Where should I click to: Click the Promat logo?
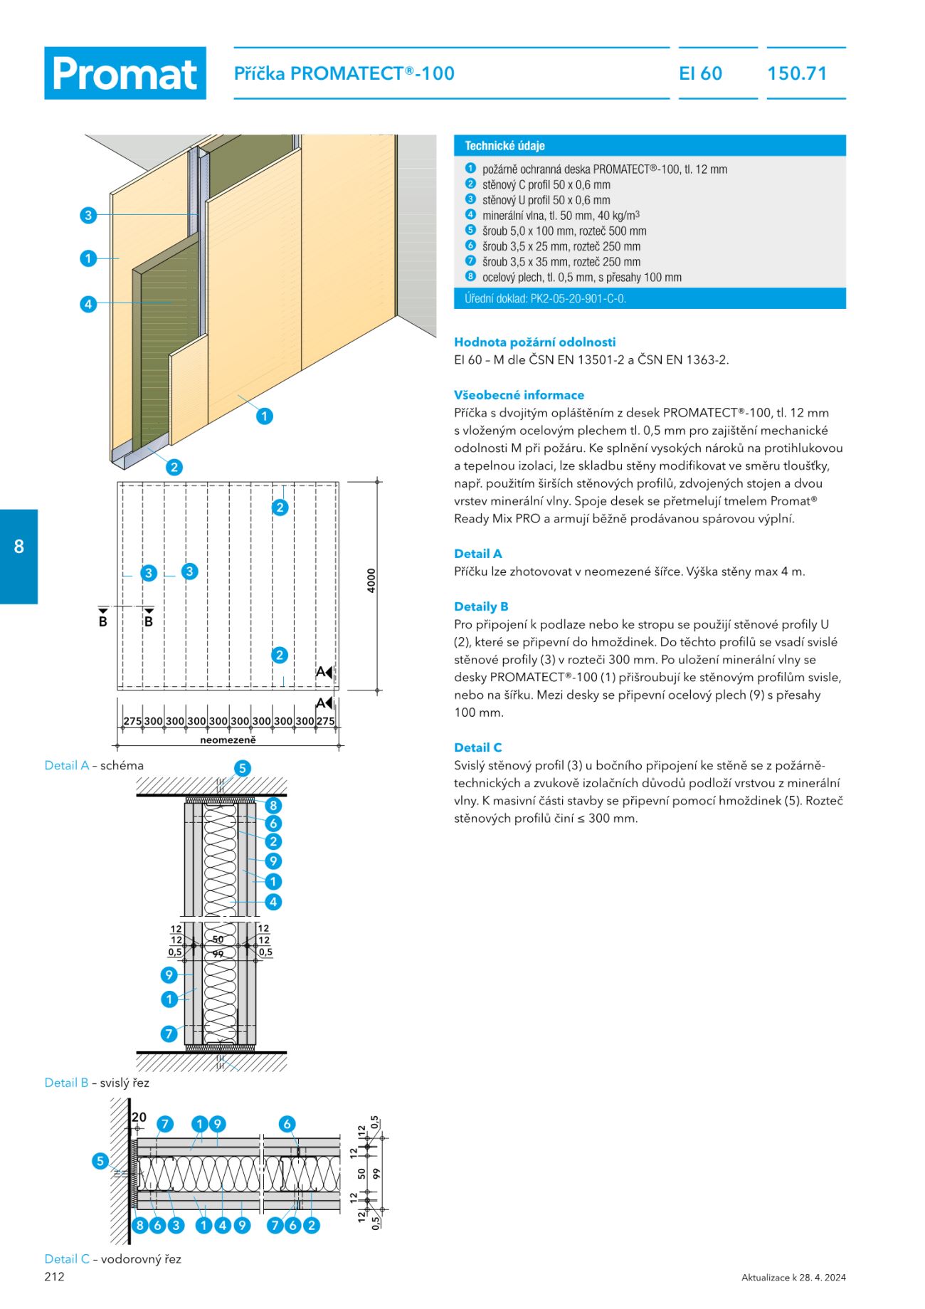125,73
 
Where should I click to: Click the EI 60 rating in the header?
701,73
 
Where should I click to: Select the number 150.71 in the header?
797,73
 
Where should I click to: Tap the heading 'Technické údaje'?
504,146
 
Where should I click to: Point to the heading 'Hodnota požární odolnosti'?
534,342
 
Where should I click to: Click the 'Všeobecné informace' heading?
519,395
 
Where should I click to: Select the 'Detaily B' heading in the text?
481,606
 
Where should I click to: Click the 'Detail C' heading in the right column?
477,747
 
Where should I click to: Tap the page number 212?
54,1276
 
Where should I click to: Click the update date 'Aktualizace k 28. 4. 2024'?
793,1277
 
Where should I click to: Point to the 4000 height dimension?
371,581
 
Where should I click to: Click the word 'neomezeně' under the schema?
228,740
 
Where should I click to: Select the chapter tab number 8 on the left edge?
19,547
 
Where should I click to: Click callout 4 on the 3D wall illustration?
88,304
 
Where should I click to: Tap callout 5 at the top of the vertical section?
243,768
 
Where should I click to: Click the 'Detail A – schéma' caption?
94,765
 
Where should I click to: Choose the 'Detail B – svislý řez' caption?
97,1083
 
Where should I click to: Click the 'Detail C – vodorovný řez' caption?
112,1258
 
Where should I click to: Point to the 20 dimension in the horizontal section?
139,1118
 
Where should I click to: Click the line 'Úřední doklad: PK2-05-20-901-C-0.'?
545,298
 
